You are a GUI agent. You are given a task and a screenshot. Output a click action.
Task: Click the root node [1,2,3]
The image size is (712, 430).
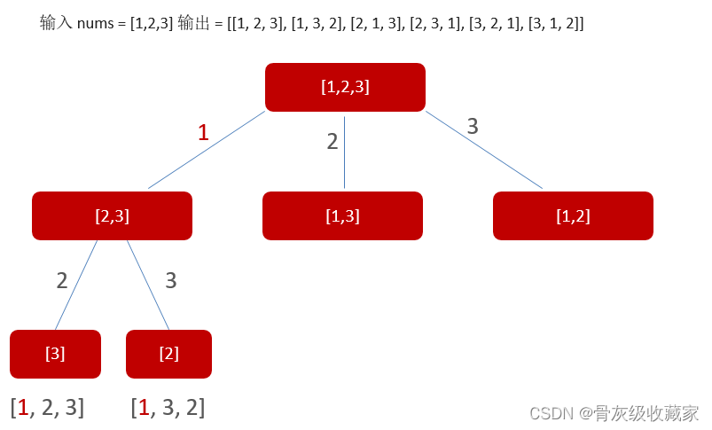tap(345, 87)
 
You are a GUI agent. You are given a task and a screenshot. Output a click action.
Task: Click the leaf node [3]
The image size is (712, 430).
tap(55, 354)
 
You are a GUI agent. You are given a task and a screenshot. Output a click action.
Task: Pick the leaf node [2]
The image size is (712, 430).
tap(168, 354)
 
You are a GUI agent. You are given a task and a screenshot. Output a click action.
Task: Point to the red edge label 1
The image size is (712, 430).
tap(203, 133)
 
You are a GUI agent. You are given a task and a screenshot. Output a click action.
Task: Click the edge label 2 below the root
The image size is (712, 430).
tap(333, 141)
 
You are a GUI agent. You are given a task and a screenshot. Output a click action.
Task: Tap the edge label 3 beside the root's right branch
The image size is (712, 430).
tap(473, 127)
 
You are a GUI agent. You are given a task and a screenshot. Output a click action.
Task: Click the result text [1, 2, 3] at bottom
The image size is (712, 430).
tap(48, 408)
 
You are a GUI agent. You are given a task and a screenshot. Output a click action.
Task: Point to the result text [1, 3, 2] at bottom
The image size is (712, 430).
tap(168, 408)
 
